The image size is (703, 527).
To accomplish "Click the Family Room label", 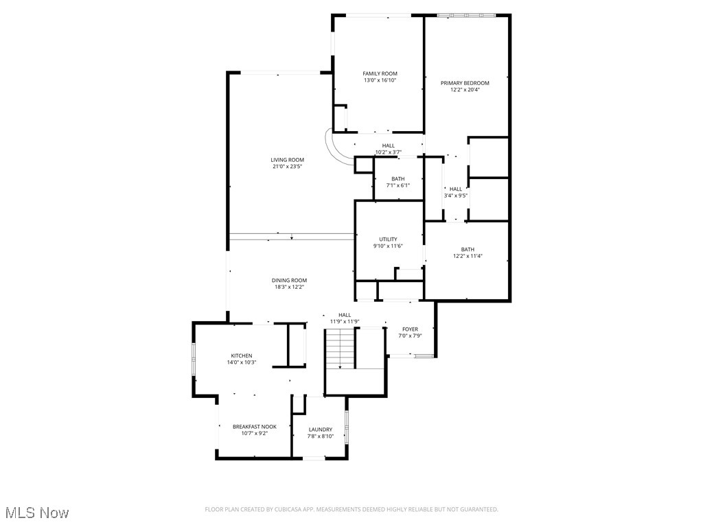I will pyautogui.click(x=380, y=73).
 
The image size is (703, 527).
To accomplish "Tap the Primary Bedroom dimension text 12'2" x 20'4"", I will pyautogui.click(x=465, y=89).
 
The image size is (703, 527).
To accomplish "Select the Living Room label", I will pyautogui.click(x=287, y=160).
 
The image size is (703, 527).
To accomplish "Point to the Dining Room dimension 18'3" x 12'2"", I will pyautogui.click(x=288, y=287).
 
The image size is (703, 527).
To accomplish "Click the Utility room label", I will pyautogui.click(x=388, y=239).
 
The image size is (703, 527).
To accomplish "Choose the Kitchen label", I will pyautogui.click(x=241, y=355).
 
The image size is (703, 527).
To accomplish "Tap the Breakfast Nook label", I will pyautogui.click(x=254, y=426).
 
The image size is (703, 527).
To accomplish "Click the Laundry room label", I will pyautogui.click(x=320, y=430).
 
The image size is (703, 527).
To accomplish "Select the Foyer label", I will pyautogui.click(x=410, y=329).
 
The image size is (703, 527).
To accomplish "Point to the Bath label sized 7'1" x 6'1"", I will pyautogui.click(x=397, y=179).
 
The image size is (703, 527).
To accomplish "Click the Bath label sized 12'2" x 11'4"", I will pyautogui.click(x=468, y=250).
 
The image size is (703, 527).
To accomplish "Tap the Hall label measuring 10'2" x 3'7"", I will pyautogui.click(x=389, y=145).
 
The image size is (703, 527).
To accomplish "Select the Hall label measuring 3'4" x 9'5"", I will pyautogui.click(x=456, y=189).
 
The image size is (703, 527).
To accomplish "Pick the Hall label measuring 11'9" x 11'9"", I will pyautogui.click(x=345, y=315).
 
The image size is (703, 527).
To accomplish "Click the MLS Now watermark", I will pyautogui.click(x=37, y=513).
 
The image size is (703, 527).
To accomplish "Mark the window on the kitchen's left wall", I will pyautogui.click(x=194, y=359).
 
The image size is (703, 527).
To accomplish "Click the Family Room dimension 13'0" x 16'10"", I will pyautogui.click(x=380, y=80).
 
